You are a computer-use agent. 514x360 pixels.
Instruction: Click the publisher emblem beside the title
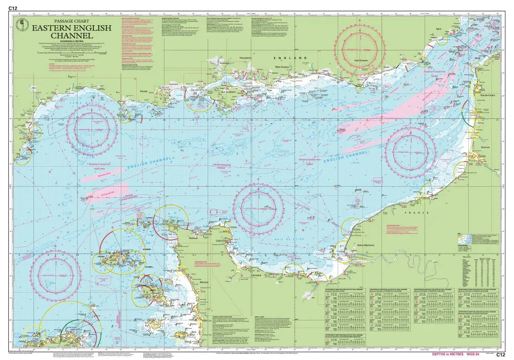coord(22,24)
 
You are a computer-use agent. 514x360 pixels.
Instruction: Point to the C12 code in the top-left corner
coord(13,8)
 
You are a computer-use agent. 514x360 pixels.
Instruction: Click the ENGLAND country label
coord(285,59)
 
